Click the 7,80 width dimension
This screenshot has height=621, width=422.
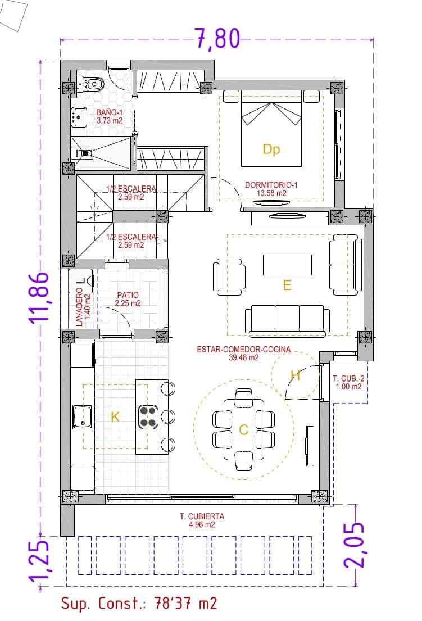217,39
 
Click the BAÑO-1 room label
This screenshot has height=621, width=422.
109,116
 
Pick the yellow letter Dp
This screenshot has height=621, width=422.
271,149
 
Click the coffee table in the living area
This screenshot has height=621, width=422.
287,265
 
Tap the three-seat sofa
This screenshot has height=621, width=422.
287,320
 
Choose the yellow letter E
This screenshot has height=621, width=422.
287,285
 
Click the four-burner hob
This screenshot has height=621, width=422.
148,416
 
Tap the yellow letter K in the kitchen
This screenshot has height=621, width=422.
115,417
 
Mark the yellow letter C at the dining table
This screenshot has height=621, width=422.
244,430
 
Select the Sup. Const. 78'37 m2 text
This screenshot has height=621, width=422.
139,604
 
